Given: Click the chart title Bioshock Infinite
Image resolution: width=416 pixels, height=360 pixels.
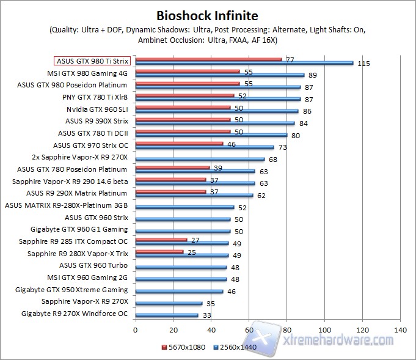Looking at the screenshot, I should (207, 15).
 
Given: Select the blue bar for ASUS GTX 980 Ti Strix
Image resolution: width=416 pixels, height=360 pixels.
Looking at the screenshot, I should (244, 63).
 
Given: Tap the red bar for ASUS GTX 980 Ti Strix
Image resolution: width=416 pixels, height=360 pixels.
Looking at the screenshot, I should (208, 59).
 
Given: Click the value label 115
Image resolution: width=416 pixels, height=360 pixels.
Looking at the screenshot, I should (365, 64).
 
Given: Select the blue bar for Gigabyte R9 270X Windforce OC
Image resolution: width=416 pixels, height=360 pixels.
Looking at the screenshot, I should (167, 315).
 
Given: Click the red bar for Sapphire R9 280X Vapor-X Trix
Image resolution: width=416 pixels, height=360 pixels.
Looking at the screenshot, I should (159, 251).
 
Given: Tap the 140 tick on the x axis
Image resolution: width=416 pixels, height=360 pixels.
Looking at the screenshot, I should (401, 331).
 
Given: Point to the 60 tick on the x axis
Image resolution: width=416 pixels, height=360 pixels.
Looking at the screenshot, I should (249, 331).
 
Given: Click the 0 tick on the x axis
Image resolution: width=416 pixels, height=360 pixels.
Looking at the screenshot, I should (136, 331).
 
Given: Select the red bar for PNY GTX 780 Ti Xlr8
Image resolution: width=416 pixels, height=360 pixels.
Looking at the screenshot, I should (184, 95).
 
